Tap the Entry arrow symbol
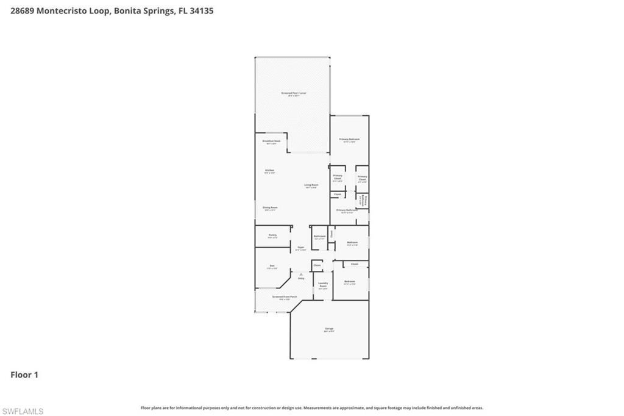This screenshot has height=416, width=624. pos(301,274)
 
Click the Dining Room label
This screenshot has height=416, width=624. pos(270,208)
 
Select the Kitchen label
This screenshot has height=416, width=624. pos(269,171)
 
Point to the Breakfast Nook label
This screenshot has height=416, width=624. pos(272,142)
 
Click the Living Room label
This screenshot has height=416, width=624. pos(311,185)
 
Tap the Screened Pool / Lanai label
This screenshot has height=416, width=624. pos(294,94)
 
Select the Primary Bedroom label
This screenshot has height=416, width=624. pos(350,140)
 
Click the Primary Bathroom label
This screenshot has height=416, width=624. pos(347,210)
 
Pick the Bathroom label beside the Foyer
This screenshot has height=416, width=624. pos(319,237)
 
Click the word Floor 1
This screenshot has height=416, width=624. pos(24,375)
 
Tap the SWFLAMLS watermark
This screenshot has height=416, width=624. pos(23,411)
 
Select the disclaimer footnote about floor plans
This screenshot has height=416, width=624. pos(311,408)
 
